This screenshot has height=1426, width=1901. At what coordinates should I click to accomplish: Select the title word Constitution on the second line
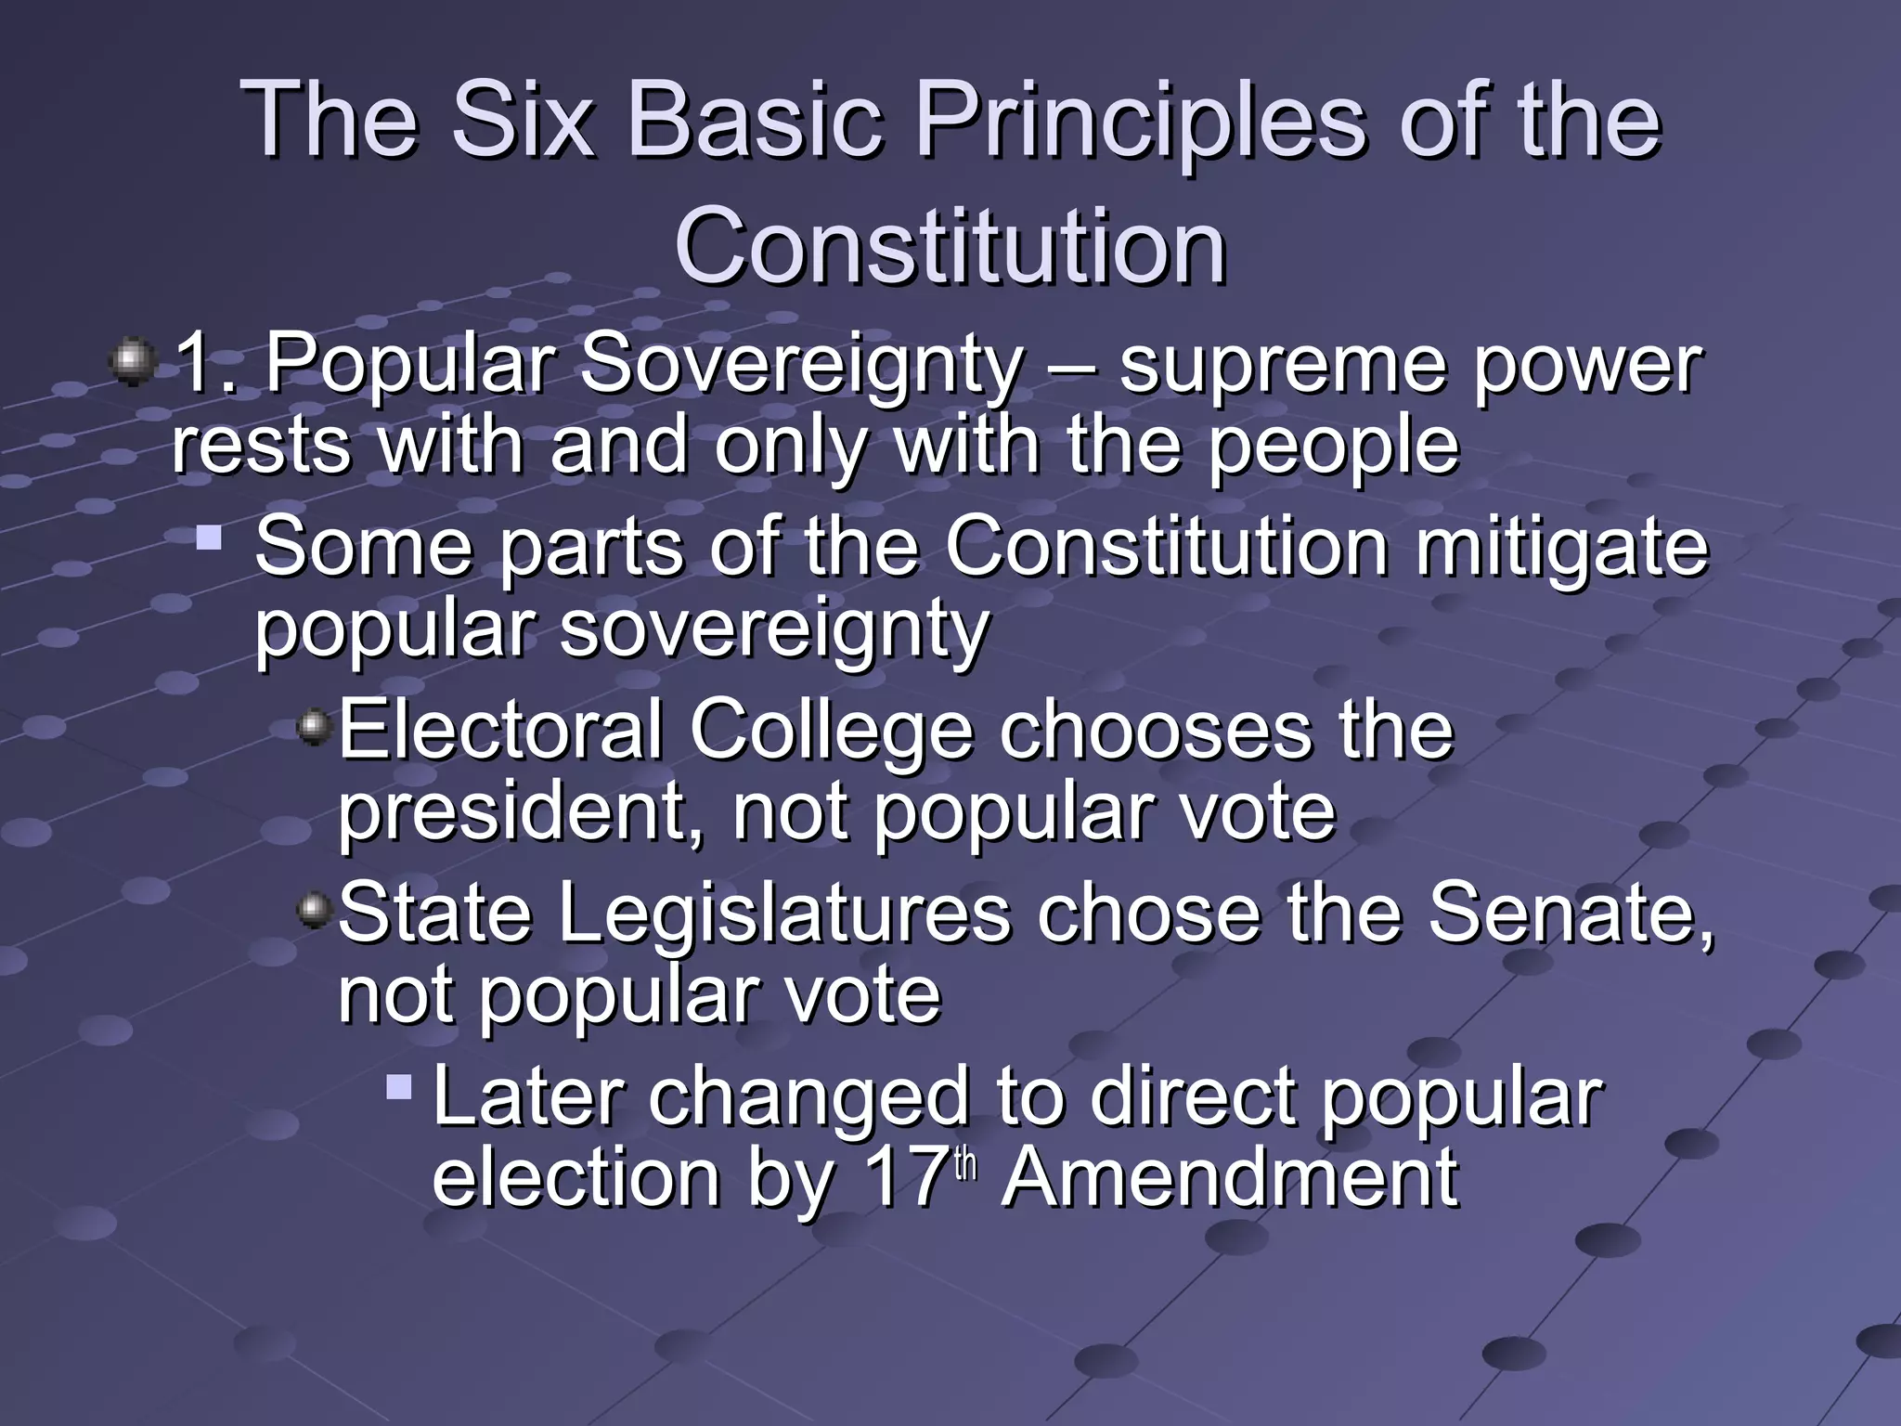(x=950, y=247)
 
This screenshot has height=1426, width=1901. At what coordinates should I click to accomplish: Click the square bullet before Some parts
(x=210, y=536)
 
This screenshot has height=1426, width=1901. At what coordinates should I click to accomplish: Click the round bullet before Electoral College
(x=316, y=726)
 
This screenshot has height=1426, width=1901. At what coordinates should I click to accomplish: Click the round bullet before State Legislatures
(x=316, y=909)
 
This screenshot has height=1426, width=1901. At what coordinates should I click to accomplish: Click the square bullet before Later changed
(x=399, y=1086)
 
